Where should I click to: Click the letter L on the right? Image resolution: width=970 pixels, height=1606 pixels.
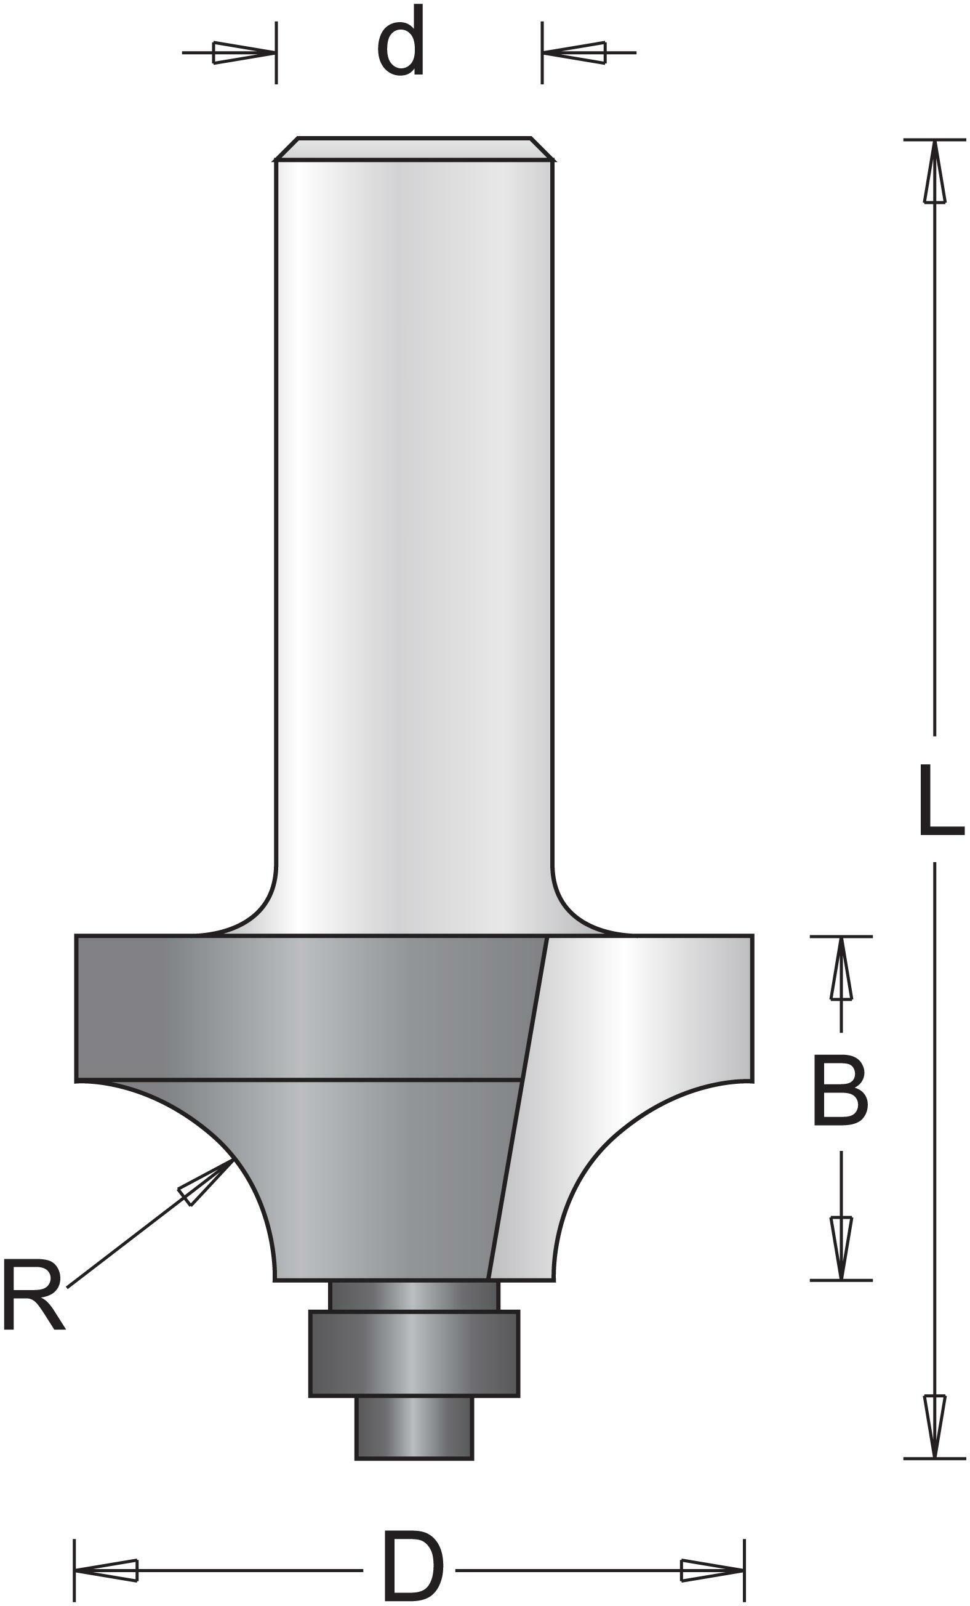pos(940,800)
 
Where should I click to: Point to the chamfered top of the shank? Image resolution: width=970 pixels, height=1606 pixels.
pos(414,148)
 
